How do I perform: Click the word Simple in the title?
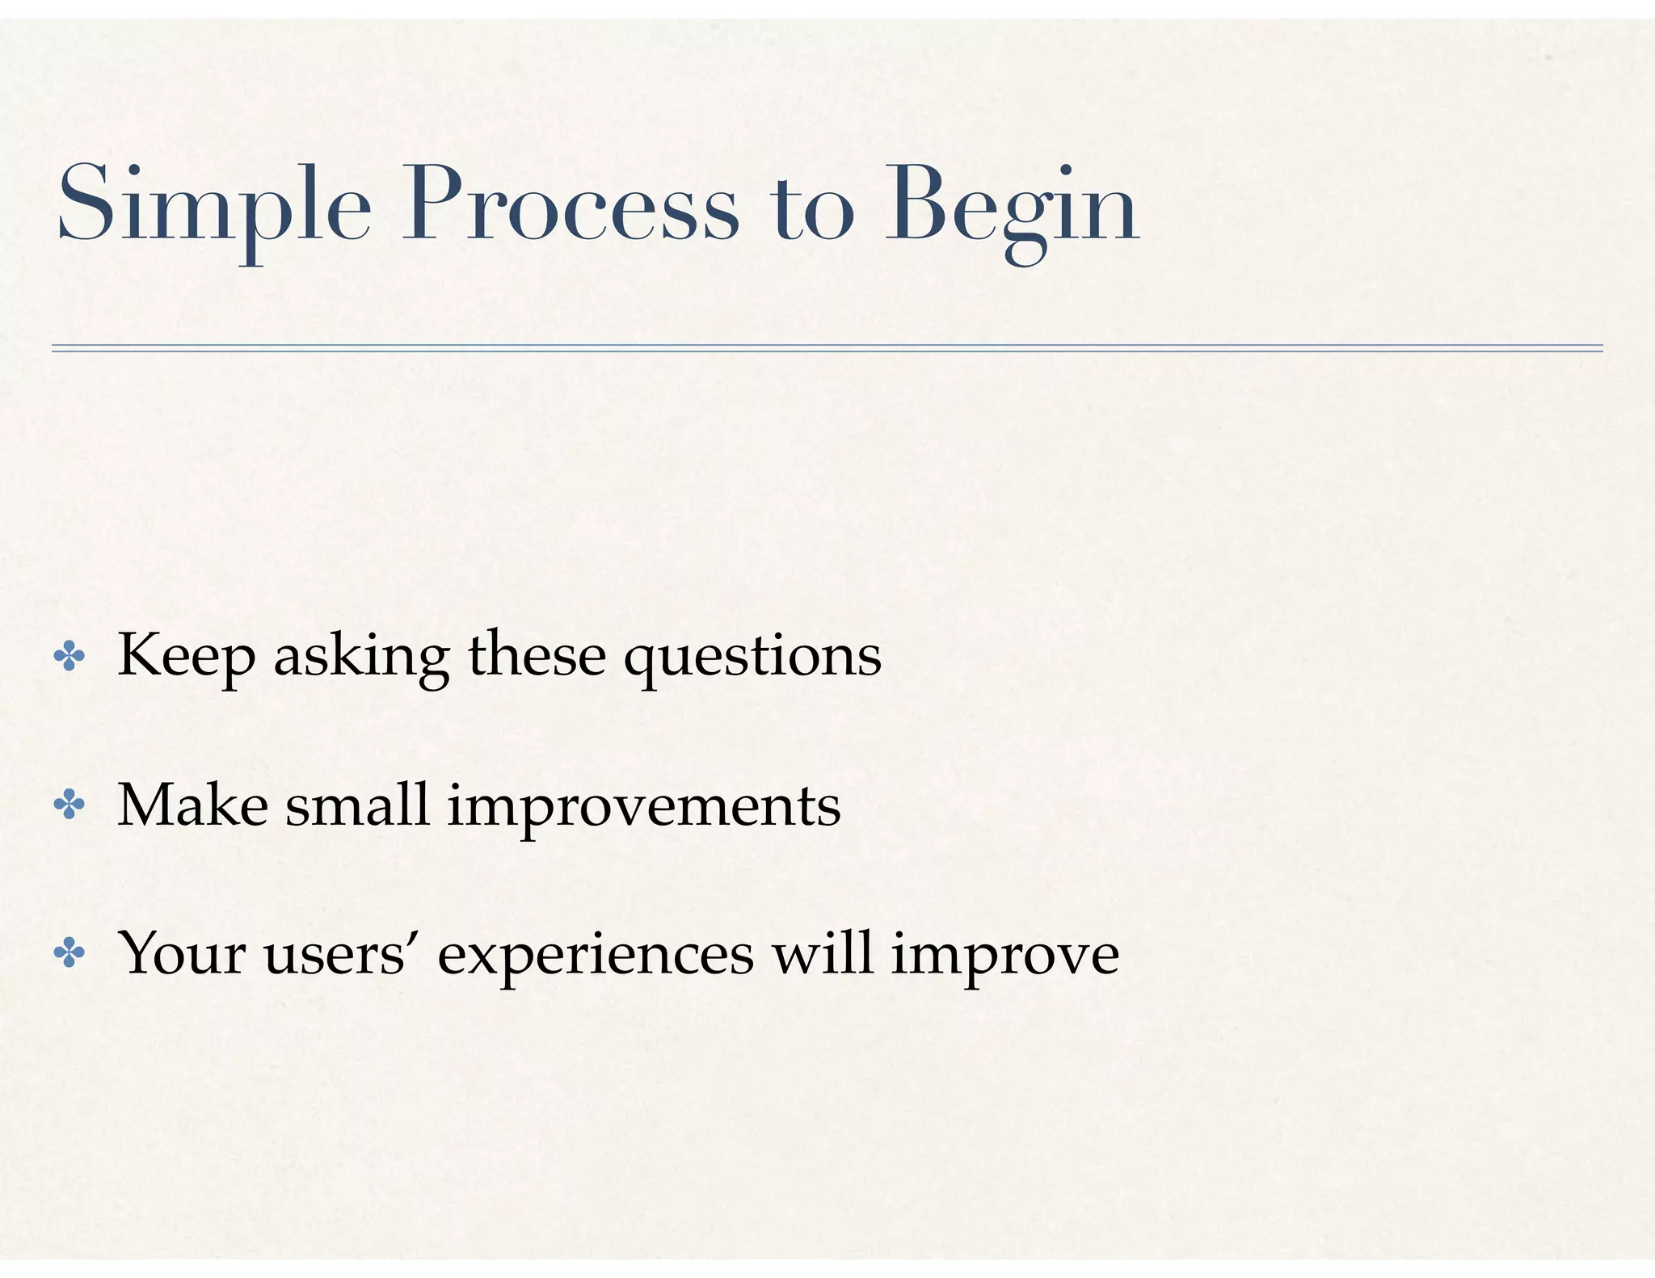click(x=214, y=206)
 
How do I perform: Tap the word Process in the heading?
click(x=571, y=206)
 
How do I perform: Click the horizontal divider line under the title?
click(x=827, y=348)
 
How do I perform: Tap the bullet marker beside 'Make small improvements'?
click(x=69, y=806)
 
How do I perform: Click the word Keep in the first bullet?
click(x=187, y=656)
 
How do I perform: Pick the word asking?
click(x=361, y=658)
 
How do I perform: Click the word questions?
click(x=752, y=658)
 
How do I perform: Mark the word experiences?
click(x=596, y=956)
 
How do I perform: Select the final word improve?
click(x=1004, y=956)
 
